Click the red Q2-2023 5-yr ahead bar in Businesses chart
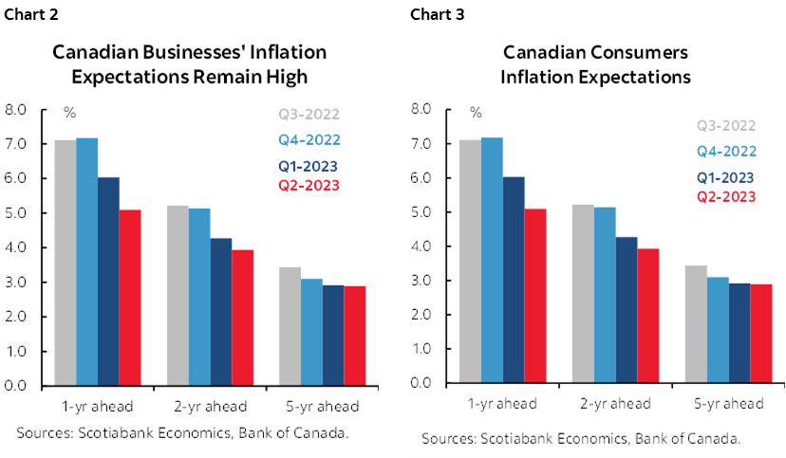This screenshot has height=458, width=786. (x=354, y=336)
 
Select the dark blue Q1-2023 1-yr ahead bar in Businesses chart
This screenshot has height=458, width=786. (x=108, y=282)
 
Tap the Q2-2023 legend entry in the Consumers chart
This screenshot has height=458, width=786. (x=726, y=196)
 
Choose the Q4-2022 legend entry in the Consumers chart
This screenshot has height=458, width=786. (x=726, y=151)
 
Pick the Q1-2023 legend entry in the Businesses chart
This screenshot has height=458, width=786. (x=309, y=166)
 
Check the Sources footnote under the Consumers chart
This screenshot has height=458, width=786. (x=580, y=439)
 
